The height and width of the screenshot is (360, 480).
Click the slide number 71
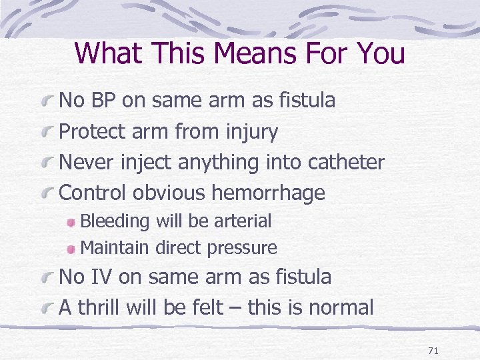[x=433, y=350]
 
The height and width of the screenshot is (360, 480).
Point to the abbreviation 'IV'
[x=100, y=277]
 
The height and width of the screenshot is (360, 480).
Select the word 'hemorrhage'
[x=268, y=193]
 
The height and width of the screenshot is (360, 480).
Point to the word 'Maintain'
[x=115, y=248]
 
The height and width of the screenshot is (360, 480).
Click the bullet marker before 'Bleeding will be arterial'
[x=71, y=222]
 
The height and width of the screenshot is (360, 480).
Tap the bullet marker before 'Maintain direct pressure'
[x=71, y=249]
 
